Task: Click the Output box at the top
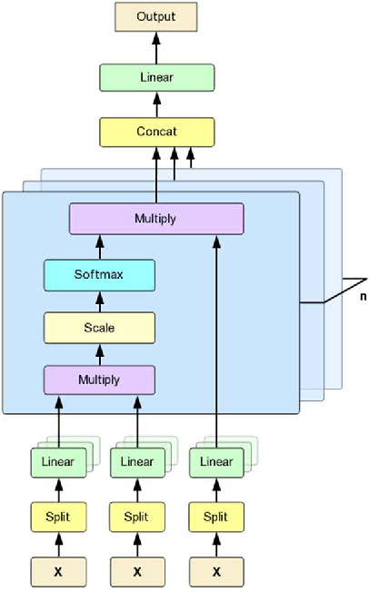(156, 17)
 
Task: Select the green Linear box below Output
(156, 77)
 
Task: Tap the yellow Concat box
(156, 133)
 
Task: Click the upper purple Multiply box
(156, 219)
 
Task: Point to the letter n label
(362, 295)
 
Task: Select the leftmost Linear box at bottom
(58, 462)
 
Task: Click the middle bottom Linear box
(137, 462)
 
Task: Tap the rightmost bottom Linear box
(215, 462)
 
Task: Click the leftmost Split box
(58, 517)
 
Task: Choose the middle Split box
(137, 517)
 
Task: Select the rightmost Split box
(215, 517)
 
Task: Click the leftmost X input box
(58, 571)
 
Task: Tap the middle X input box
(137, 571)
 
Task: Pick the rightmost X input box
(215, 571)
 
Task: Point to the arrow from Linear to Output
(156, 47)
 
